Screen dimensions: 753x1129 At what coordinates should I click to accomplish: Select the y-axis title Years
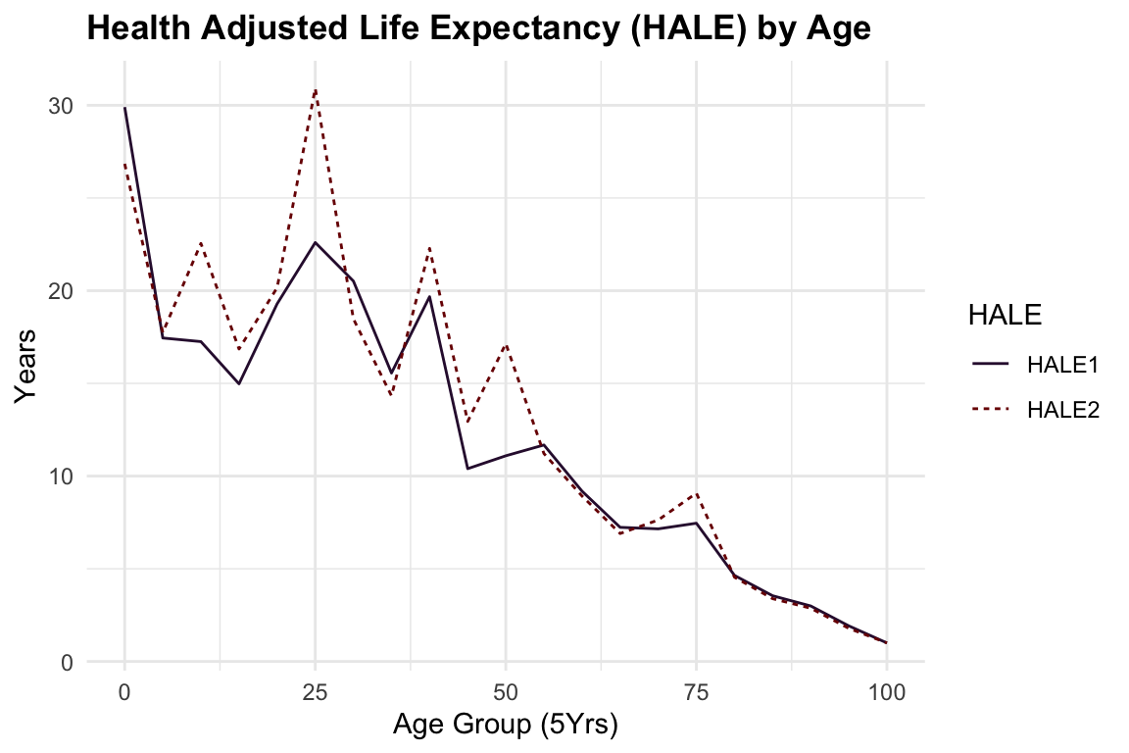(26, 366)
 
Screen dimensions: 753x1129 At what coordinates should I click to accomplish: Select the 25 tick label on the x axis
(315, 690)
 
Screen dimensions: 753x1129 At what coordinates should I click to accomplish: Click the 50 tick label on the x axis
(506, 690)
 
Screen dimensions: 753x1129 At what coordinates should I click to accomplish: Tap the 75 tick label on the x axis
(696, 690)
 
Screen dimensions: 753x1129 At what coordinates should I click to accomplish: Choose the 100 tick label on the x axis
(886, 690)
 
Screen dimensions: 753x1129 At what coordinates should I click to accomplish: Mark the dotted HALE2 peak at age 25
(315, 89)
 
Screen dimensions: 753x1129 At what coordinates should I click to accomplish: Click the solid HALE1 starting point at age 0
(124, 108)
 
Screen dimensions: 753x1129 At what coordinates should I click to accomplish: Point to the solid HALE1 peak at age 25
(315, 242)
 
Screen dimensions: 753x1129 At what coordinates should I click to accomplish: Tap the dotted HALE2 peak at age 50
(506, 344)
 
